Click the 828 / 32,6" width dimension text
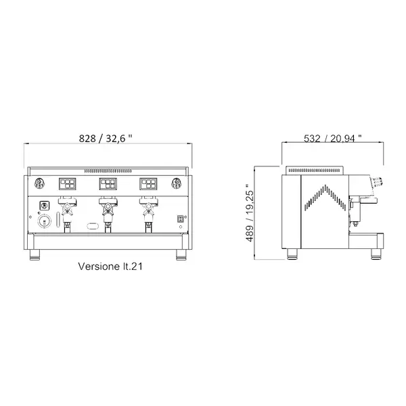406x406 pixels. (107, 138)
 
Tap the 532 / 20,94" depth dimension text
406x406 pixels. (332, 138)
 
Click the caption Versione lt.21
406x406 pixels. (110, 267)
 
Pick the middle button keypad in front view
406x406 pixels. (108, 183)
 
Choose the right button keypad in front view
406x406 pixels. (149, 183)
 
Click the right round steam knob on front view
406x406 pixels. (177, 183)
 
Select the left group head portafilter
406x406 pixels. (66, 208)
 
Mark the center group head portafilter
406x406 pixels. (106, 208)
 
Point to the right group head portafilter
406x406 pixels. (146, 208)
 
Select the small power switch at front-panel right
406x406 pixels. (181, 218)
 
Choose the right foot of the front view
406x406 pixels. (181, 255)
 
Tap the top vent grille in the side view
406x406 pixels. (317, 170)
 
